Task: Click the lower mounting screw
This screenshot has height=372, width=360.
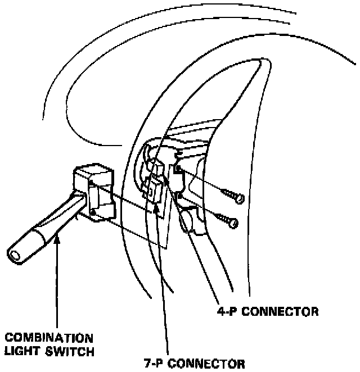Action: (227, 219)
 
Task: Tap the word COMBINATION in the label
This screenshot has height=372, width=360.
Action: (49, 338)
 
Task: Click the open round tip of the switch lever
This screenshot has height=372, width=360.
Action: (16, 253)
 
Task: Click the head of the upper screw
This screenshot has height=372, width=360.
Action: (241, 198)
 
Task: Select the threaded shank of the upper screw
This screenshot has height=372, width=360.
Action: (228, 194)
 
